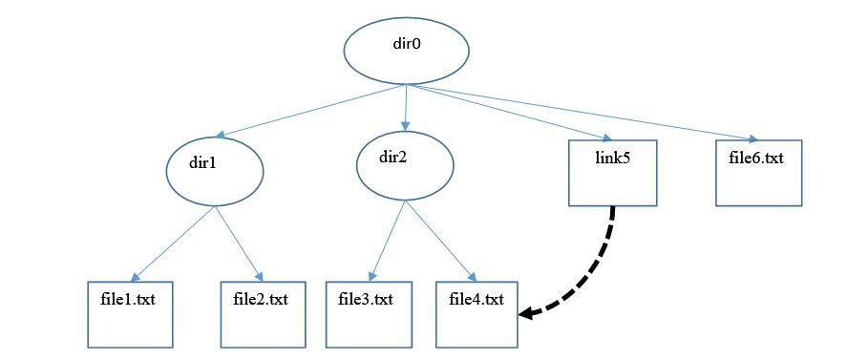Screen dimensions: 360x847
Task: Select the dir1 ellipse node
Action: [214, 171]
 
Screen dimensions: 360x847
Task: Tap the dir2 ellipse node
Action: [405, 164]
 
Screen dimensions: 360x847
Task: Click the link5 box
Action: [612, 173]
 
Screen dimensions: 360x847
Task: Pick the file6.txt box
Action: [758, 173]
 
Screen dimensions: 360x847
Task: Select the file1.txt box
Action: [131, 314]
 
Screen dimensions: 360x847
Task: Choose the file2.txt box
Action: [263, 314]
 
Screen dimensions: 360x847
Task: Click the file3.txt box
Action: [368, 314]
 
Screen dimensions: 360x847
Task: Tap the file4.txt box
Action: [476, 314]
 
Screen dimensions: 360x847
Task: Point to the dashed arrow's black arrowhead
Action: [528, 312]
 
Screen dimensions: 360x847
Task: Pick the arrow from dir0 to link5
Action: [506, 113]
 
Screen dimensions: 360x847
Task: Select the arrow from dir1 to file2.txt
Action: [239, 244]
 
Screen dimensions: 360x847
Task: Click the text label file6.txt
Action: [755, 158]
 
